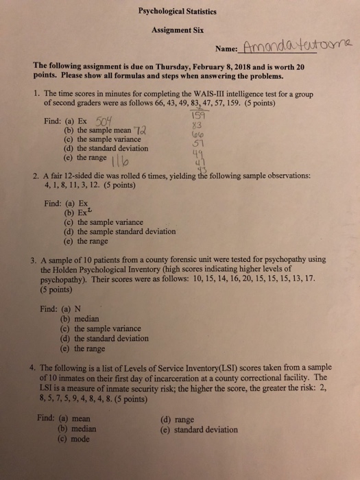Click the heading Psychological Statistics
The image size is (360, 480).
[x=178, y=12]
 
